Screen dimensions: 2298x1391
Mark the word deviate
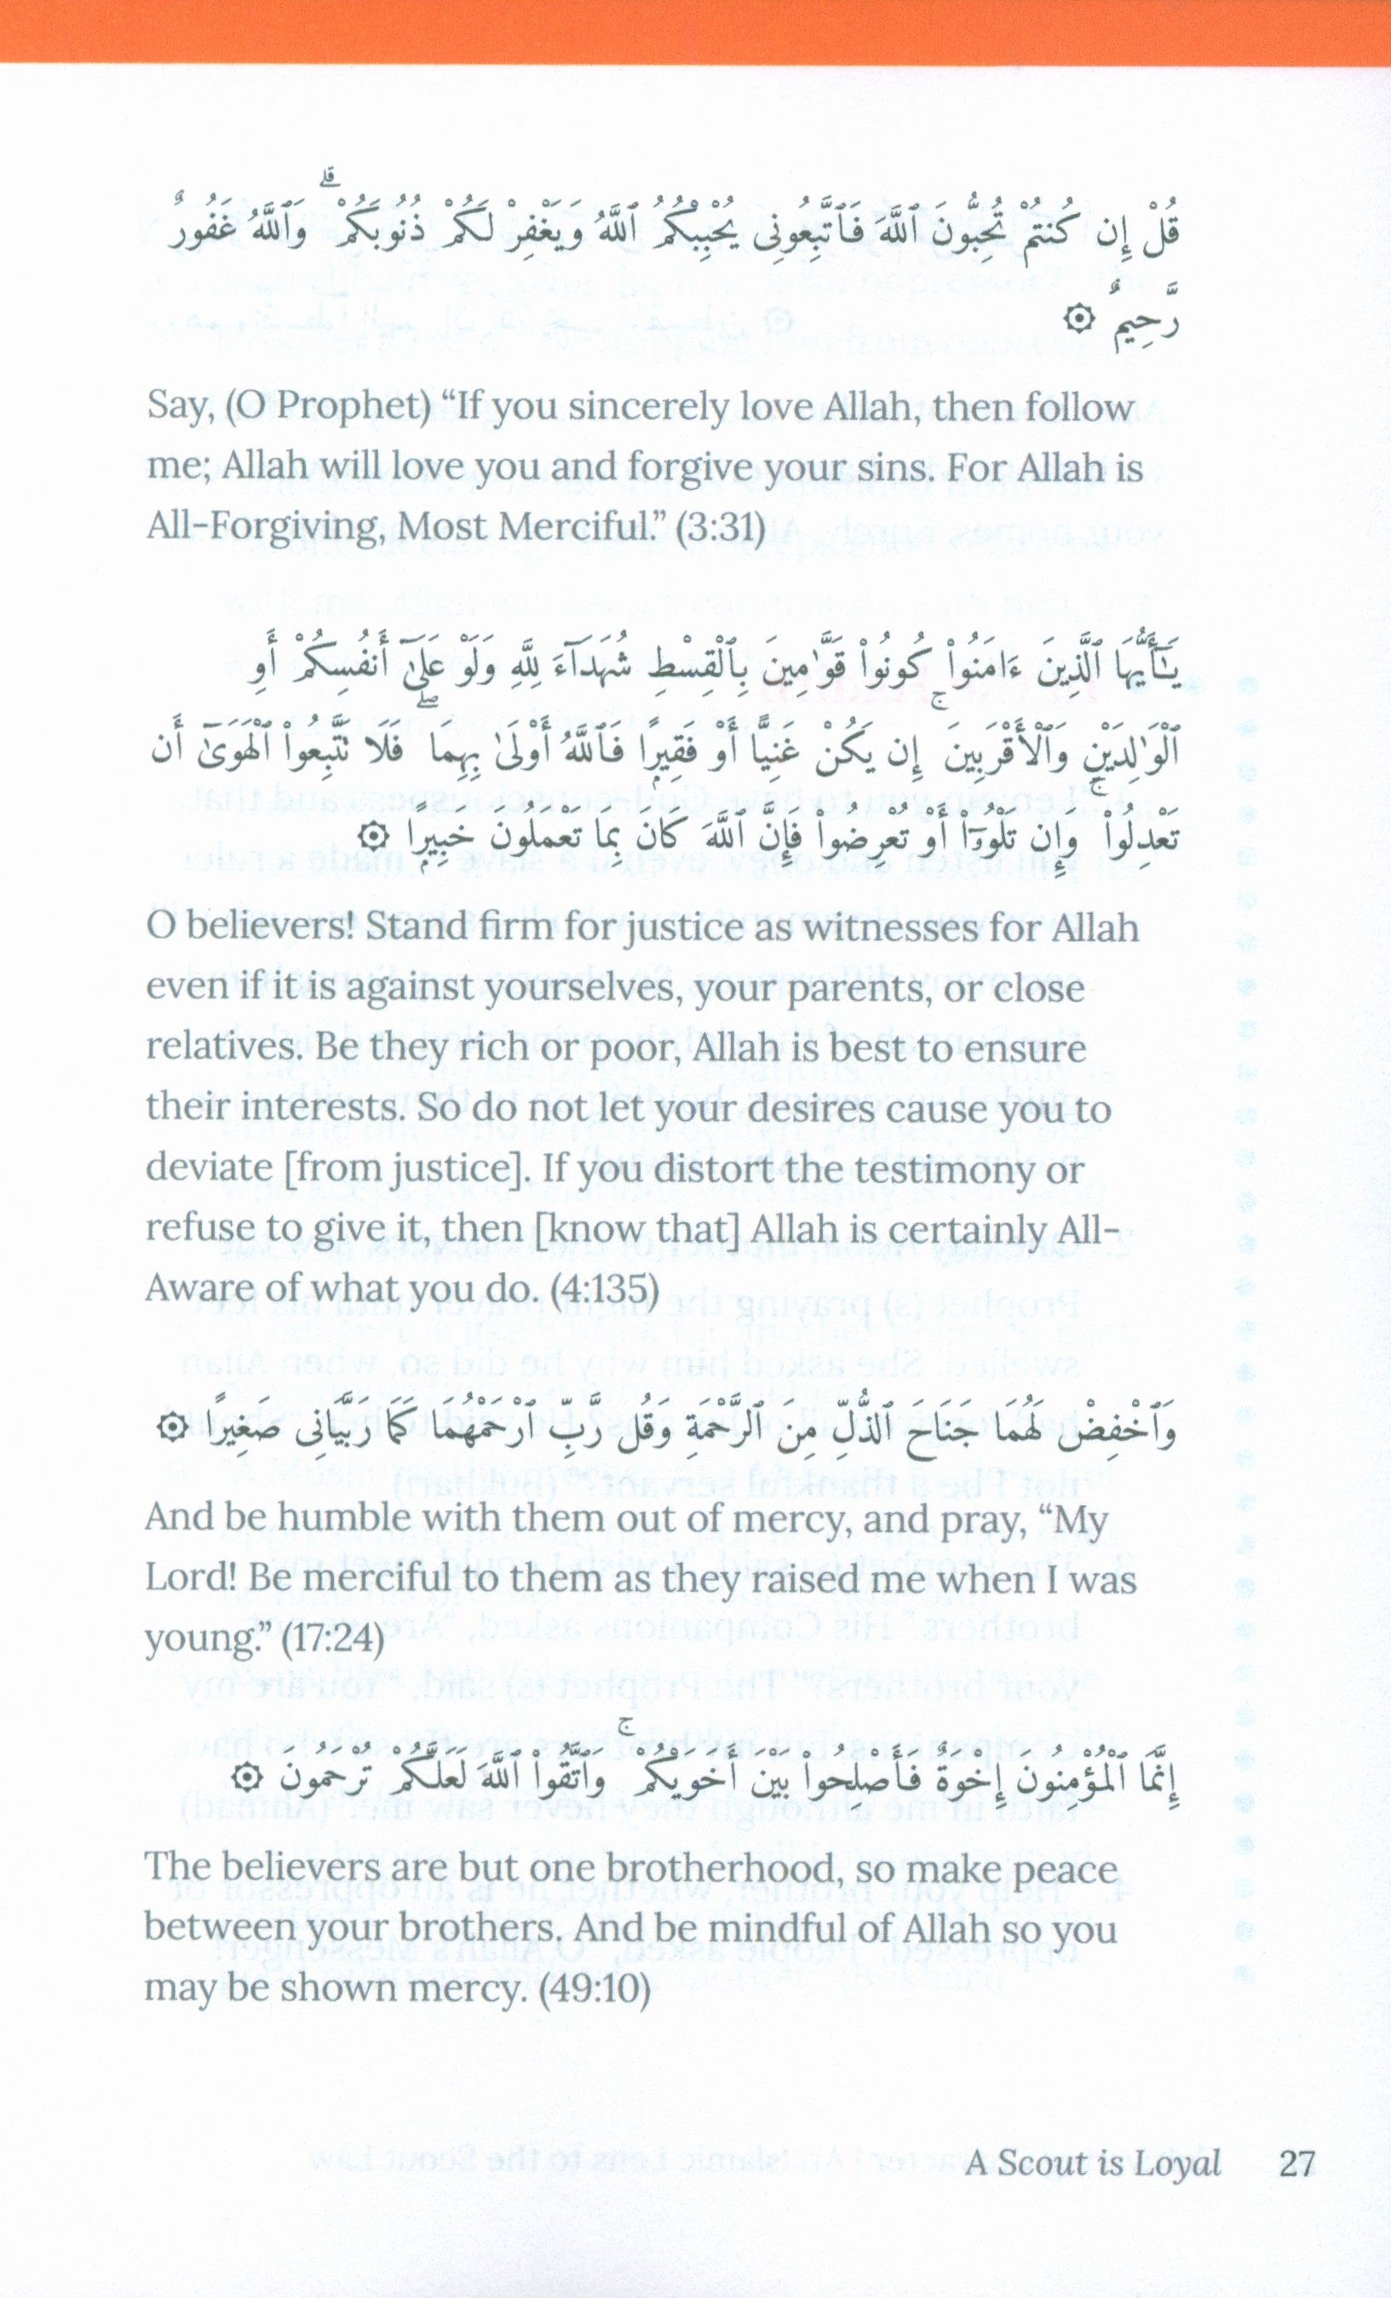[208, 1169]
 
